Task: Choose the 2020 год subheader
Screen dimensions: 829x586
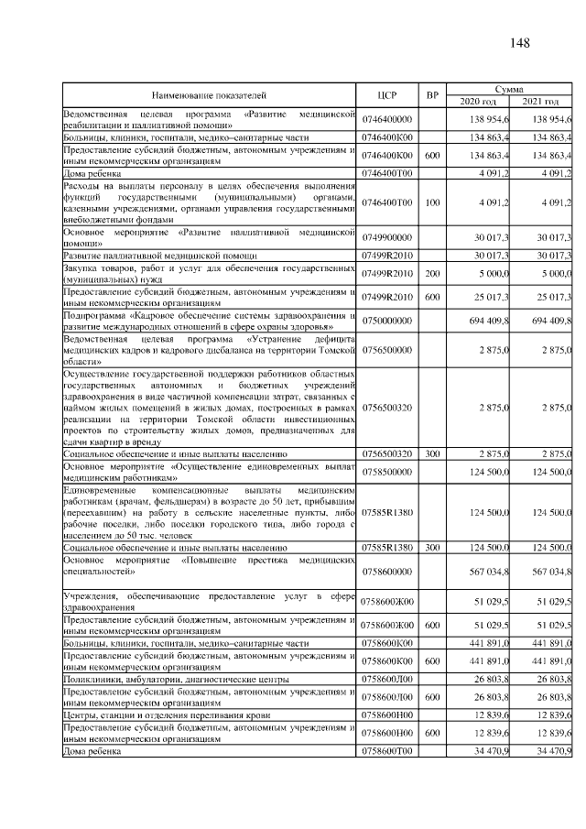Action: coord(482,101)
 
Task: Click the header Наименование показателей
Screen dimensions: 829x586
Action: coord(209,94)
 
